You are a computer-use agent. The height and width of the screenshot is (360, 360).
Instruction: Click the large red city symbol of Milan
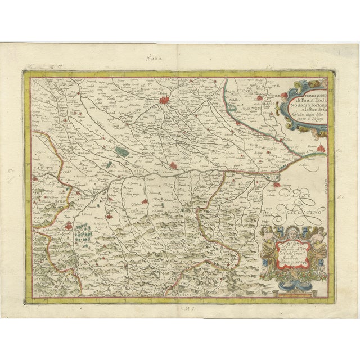[166, 101]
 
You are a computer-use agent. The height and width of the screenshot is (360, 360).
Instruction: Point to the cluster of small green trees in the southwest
[84, 229]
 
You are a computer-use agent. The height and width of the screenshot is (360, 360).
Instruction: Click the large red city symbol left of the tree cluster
[67, 227]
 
